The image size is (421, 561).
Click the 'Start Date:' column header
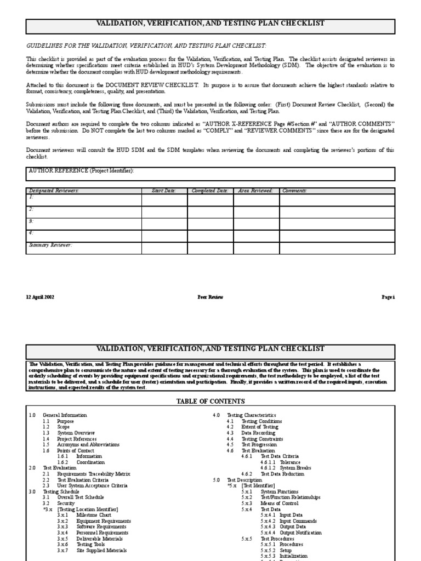coord(163,191)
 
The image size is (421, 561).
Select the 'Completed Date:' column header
coord(209,191)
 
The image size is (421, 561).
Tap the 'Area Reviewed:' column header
coord(255,191)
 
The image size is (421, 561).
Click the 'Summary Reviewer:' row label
coord(50,245)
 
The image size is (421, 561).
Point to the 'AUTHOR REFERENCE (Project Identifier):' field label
coord(81,170)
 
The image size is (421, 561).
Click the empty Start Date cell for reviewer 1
coord(164,200)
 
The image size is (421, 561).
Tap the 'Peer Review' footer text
coord(210,297)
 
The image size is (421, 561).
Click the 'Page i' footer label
coord(388,297)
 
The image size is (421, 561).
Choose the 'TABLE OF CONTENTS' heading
coord(210,401)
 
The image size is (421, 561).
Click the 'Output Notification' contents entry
coord(301,533)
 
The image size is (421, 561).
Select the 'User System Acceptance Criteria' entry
coord(92,485)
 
